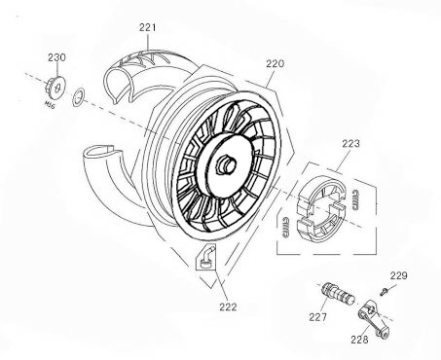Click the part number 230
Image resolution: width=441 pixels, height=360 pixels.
(x=55, y=57)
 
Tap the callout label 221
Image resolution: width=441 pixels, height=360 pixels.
(x=146, y=27)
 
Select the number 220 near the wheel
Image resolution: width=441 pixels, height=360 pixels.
(x=276, y=63)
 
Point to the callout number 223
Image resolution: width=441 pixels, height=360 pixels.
(x=349, y=142)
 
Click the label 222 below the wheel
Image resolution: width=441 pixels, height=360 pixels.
(x=226, y=306)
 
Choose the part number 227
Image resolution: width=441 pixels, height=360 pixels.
(x=317, y=315)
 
